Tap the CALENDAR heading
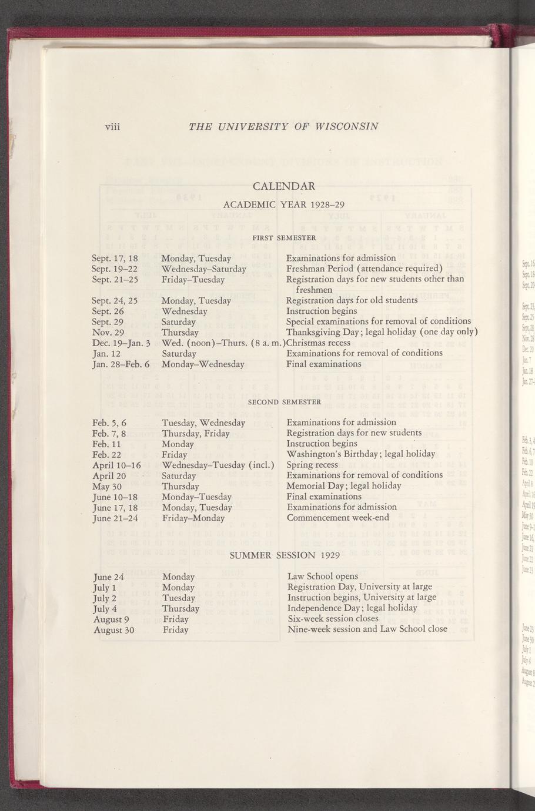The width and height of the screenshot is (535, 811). click(284, 186)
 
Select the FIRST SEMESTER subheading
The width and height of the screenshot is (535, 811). click(284, 237)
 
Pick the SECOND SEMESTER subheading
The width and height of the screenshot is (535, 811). click(284, 402)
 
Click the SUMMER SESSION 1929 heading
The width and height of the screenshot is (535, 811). click(285, 555)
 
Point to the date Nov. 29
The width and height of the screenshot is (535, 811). click(108, 332)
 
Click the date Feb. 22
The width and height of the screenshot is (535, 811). click(107, 454)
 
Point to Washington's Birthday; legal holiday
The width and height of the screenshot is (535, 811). click(360, 454)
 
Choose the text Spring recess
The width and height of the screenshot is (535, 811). click(312, 464)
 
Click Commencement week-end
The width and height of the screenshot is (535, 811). click(338, 518)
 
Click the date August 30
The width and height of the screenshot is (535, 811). click(114, 630)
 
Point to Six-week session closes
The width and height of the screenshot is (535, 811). click(333, 619)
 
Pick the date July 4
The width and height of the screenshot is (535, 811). click(105, 608)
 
